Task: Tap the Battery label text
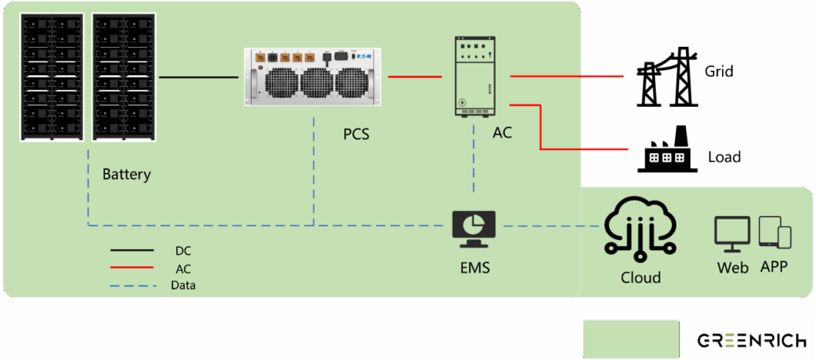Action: pyautogui.click(x=126, y=174)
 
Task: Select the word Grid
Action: pyautogui.click(x=719, y=72)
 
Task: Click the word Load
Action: pyautogui.click(x=724, y=157)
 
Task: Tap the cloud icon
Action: pyautogui.click(x=641, y=228)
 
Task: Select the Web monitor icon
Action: pyautogui.click(x=732, y=234)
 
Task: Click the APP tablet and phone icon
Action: pyautogui.click(x=774, y=233)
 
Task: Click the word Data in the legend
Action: pyautogui.click(x=183, y=284)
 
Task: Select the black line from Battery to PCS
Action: pyautogui.click(x=199, y=77)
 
